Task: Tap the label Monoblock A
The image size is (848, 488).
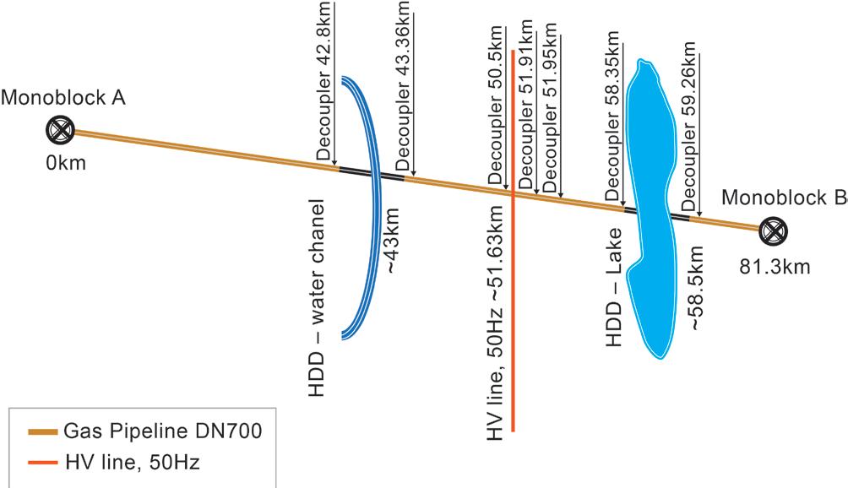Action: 63,97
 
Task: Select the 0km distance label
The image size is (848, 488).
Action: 66,162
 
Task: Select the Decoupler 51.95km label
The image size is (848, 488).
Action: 552,110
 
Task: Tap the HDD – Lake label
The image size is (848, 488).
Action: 614,287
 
